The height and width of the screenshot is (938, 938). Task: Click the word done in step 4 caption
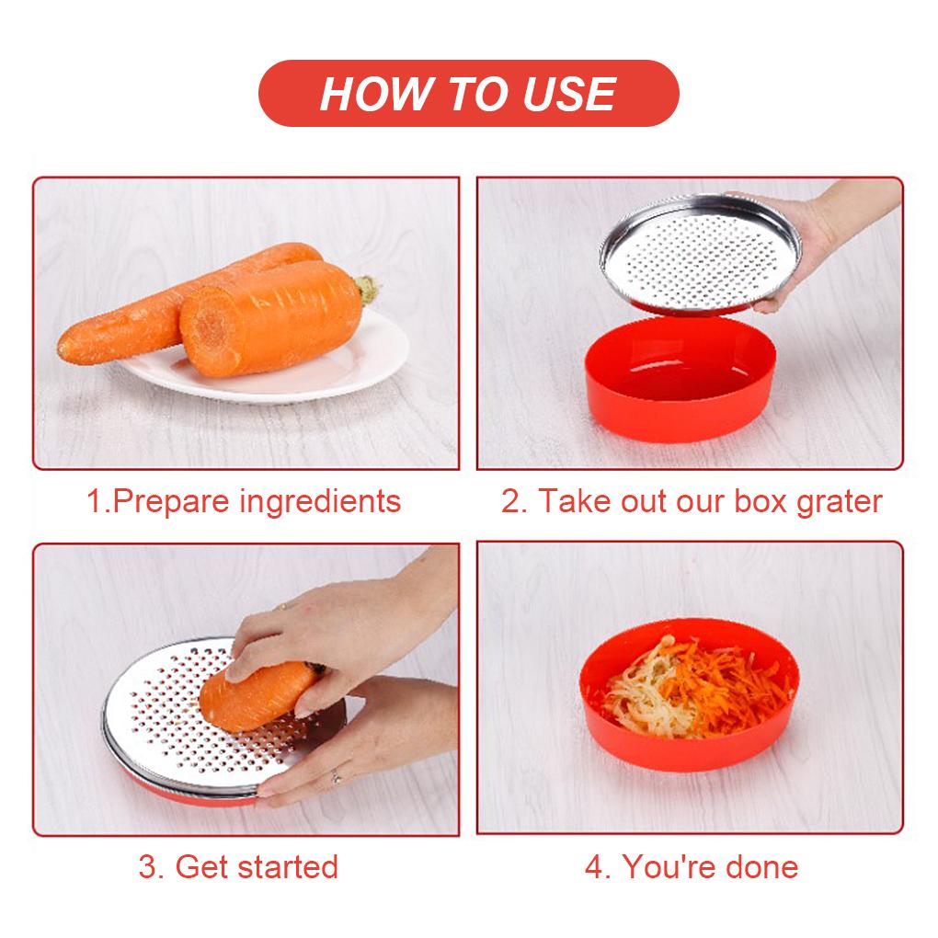tap(760, 866)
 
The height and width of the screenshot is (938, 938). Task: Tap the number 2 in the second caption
tap(510, 502)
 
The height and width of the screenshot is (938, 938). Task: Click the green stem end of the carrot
tap(369, 291)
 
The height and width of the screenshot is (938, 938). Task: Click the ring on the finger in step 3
tap(336, 777)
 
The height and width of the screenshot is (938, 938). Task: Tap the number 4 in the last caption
tap(597, 866)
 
